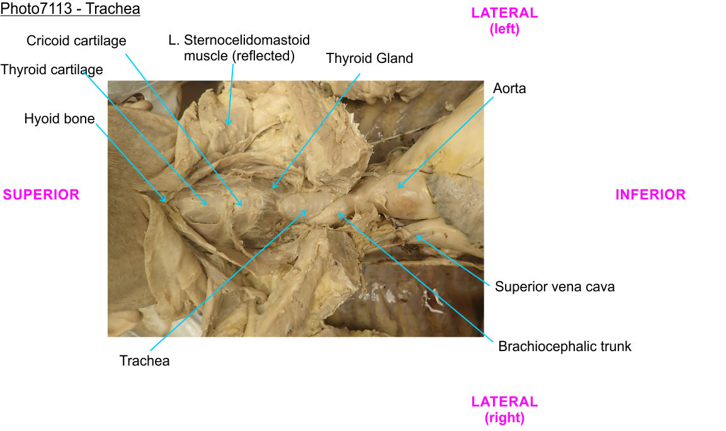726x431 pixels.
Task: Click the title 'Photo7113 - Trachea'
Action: click(70, 9)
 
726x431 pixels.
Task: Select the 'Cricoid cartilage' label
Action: click(76, 41)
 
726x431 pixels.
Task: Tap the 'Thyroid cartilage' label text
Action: click(52, 70)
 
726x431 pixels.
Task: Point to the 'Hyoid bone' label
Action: click(59, 119)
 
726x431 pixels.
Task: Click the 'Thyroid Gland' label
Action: click(369, 59)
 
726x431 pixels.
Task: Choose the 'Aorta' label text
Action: click(509, 89)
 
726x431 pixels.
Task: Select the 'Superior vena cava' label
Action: click(554, 287)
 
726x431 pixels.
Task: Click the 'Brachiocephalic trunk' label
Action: click(564, 346)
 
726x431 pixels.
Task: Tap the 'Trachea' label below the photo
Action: click(144, 361)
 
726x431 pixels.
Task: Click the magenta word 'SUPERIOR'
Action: click(41, 195)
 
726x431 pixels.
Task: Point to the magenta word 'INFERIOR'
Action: click(650, 195)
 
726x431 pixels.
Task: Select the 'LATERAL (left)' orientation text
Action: click(504, 21)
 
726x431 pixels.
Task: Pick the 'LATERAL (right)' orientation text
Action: click(504, 409)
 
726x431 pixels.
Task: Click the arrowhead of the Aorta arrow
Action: click(398, 188)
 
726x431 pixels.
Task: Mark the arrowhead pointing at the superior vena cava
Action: click(416, 236)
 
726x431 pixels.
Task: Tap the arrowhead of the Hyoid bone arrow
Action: click(166, 202)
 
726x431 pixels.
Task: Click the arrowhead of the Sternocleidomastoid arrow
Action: click(228, 124)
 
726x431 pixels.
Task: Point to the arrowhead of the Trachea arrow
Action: click(307, 211)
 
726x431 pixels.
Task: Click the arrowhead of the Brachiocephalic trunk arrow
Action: click(339, 214)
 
